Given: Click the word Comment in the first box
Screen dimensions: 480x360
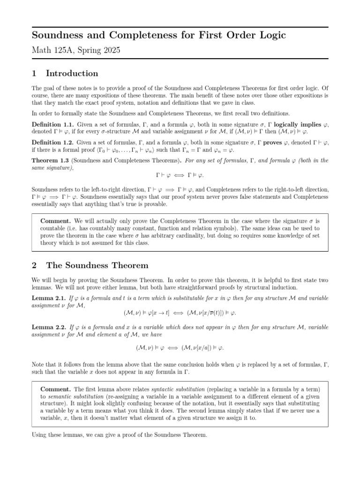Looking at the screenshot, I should (x=56, y=220).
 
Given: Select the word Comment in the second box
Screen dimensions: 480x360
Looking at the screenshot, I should (x=56, y=389).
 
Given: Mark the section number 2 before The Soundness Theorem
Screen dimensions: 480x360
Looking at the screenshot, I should (x=34, y=265).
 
